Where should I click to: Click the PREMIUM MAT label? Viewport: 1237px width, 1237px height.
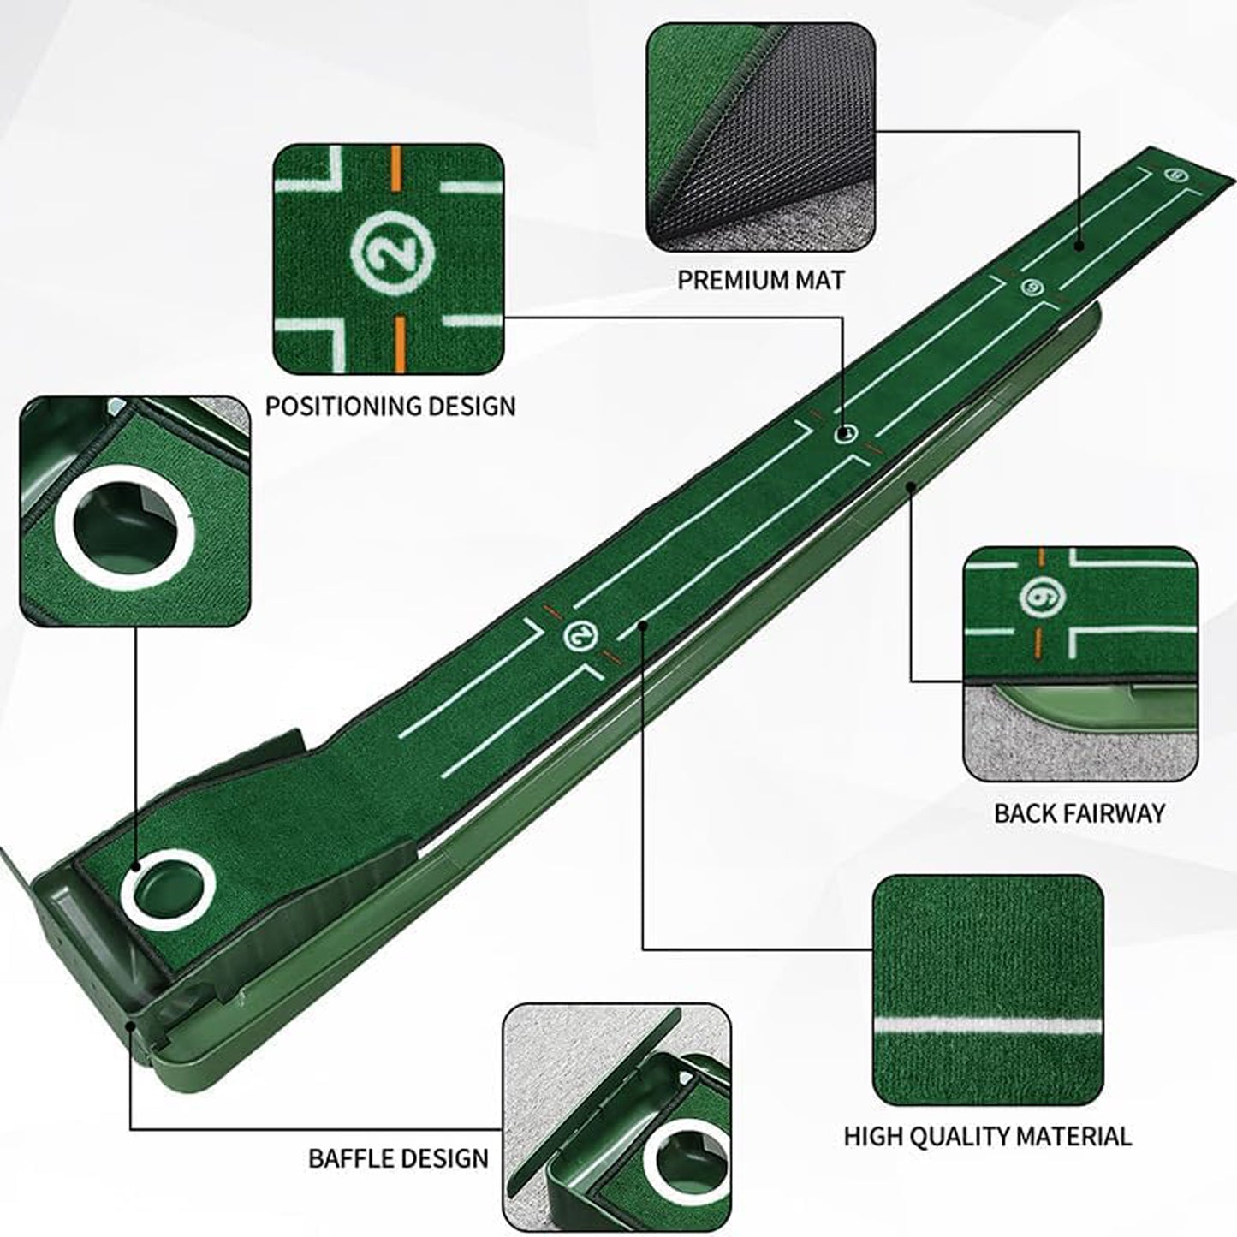tap(760, 280)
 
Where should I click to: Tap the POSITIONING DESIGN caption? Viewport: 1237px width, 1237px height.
tap(390, 406)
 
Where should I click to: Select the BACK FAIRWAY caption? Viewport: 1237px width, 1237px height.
tap(1079, 812)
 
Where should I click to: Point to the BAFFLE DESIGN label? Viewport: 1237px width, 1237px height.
tap(398, 1158)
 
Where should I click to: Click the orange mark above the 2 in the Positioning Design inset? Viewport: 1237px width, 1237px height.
tap(395, 161)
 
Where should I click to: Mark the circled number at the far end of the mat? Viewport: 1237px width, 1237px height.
tap(1174, 175)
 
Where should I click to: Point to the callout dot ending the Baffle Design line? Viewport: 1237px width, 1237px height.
tap(130, 1023)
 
